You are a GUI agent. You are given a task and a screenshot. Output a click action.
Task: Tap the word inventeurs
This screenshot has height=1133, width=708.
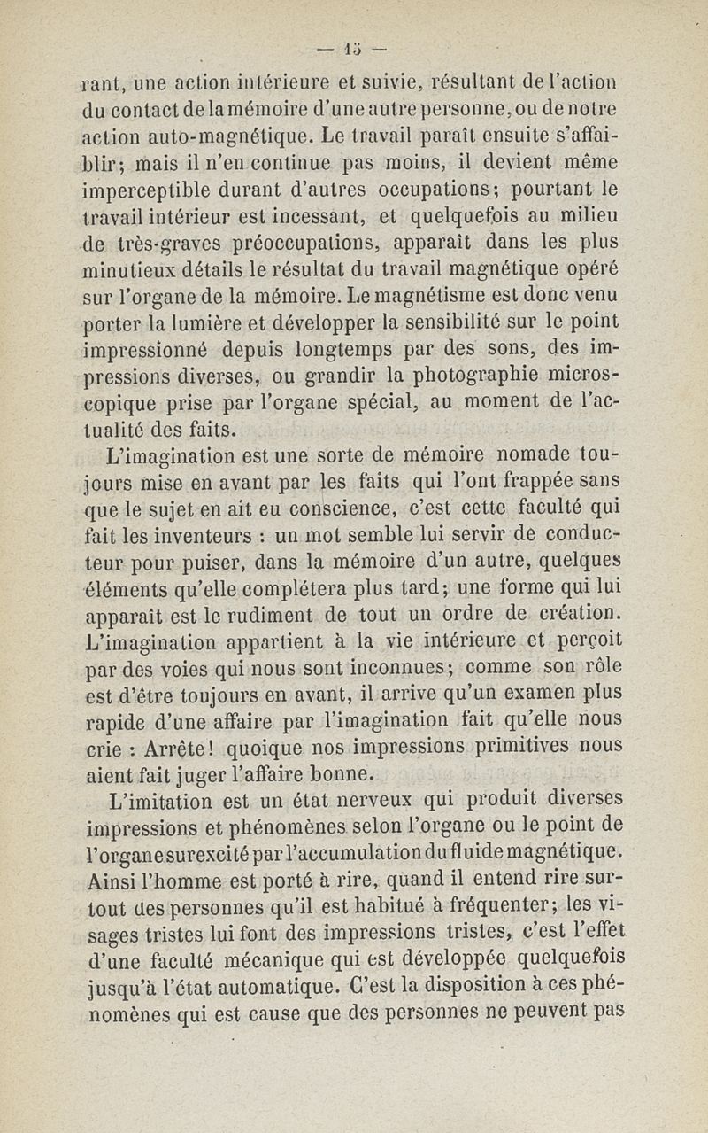(192, 537)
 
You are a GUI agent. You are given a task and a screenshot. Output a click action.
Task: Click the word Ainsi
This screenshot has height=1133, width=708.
(117, 881)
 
